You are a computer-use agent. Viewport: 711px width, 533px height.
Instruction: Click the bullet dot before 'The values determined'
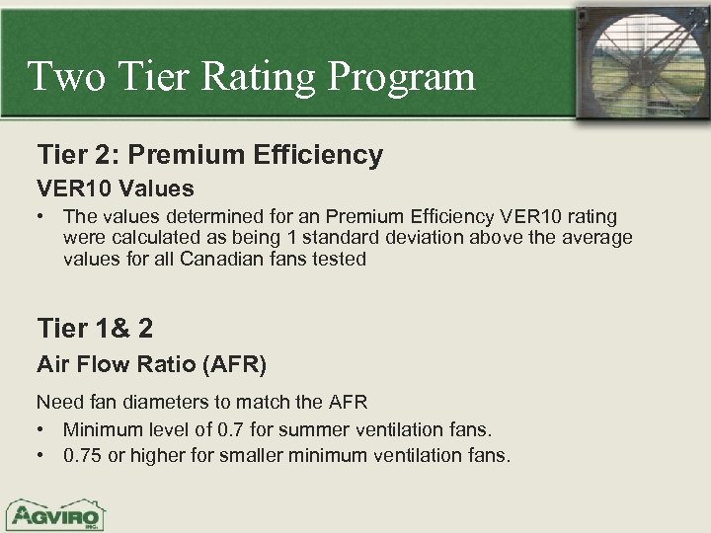[42, 216]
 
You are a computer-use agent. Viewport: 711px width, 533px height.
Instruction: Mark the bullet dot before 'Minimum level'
[42, 429]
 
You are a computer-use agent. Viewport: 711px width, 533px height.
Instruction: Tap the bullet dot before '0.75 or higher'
[42, 456]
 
